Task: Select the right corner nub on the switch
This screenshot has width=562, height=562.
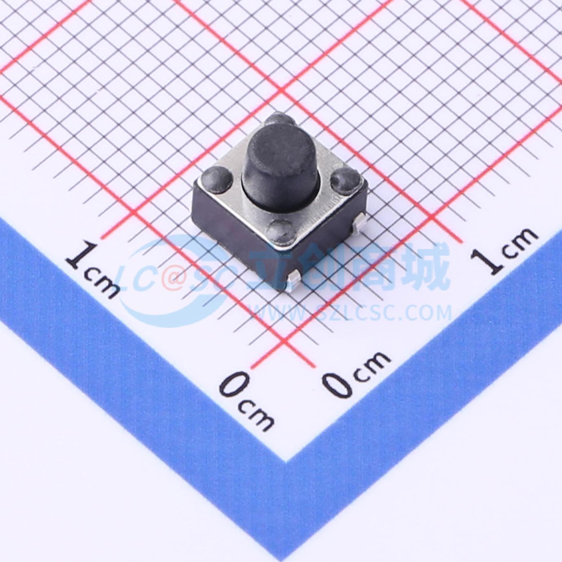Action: click(345, 180)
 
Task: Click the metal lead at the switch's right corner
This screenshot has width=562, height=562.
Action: click(359, 223)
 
